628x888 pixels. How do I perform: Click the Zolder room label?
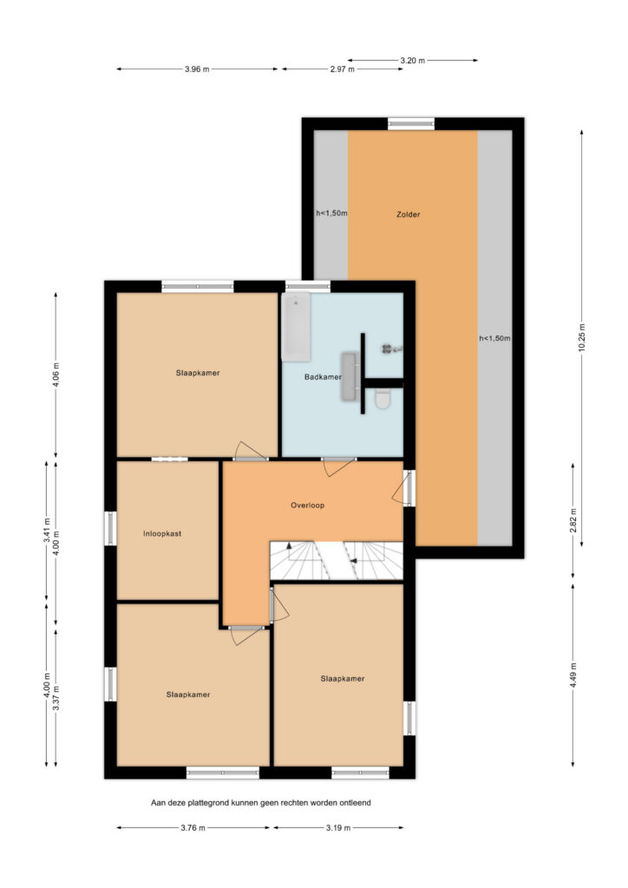(x=408, y=215)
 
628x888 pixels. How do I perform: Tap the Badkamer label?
(x=323, y=376)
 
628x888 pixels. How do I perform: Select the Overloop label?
(x=307, y=506)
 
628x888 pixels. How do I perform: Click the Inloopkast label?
(x=162, y=533)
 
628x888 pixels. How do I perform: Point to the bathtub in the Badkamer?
(x=296, y=327)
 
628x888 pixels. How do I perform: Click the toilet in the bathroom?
(x=383, y=399)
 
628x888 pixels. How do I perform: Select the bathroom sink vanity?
(x=350, y=376)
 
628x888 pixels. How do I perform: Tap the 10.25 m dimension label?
(x=581, y=338)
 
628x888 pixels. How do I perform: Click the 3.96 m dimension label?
(x=197, y=69)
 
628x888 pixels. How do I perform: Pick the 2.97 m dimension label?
(x=342, y=69)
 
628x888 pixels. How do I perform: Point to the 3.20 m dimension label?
(x=412, y=61)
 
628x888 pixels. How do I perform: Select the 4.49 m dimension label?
(x=573, y=675)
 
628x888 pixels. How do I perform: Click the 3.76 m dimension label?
(x=193, y=828)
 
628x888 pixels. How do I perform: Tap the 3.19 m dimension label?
(x=338, y=828)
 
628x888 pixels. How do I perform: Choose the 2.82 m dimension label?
(x=573, y=521)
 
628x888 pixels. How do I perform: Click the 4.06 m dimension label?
(x=56, y=375)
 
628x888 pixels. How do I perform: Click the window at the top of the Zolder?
(x=411, y=123)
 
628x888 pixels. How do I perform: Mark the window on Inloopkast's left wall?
(x=110, y=528)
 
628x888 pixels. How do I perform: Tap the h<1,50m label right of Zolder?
(x=494, y=339)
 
